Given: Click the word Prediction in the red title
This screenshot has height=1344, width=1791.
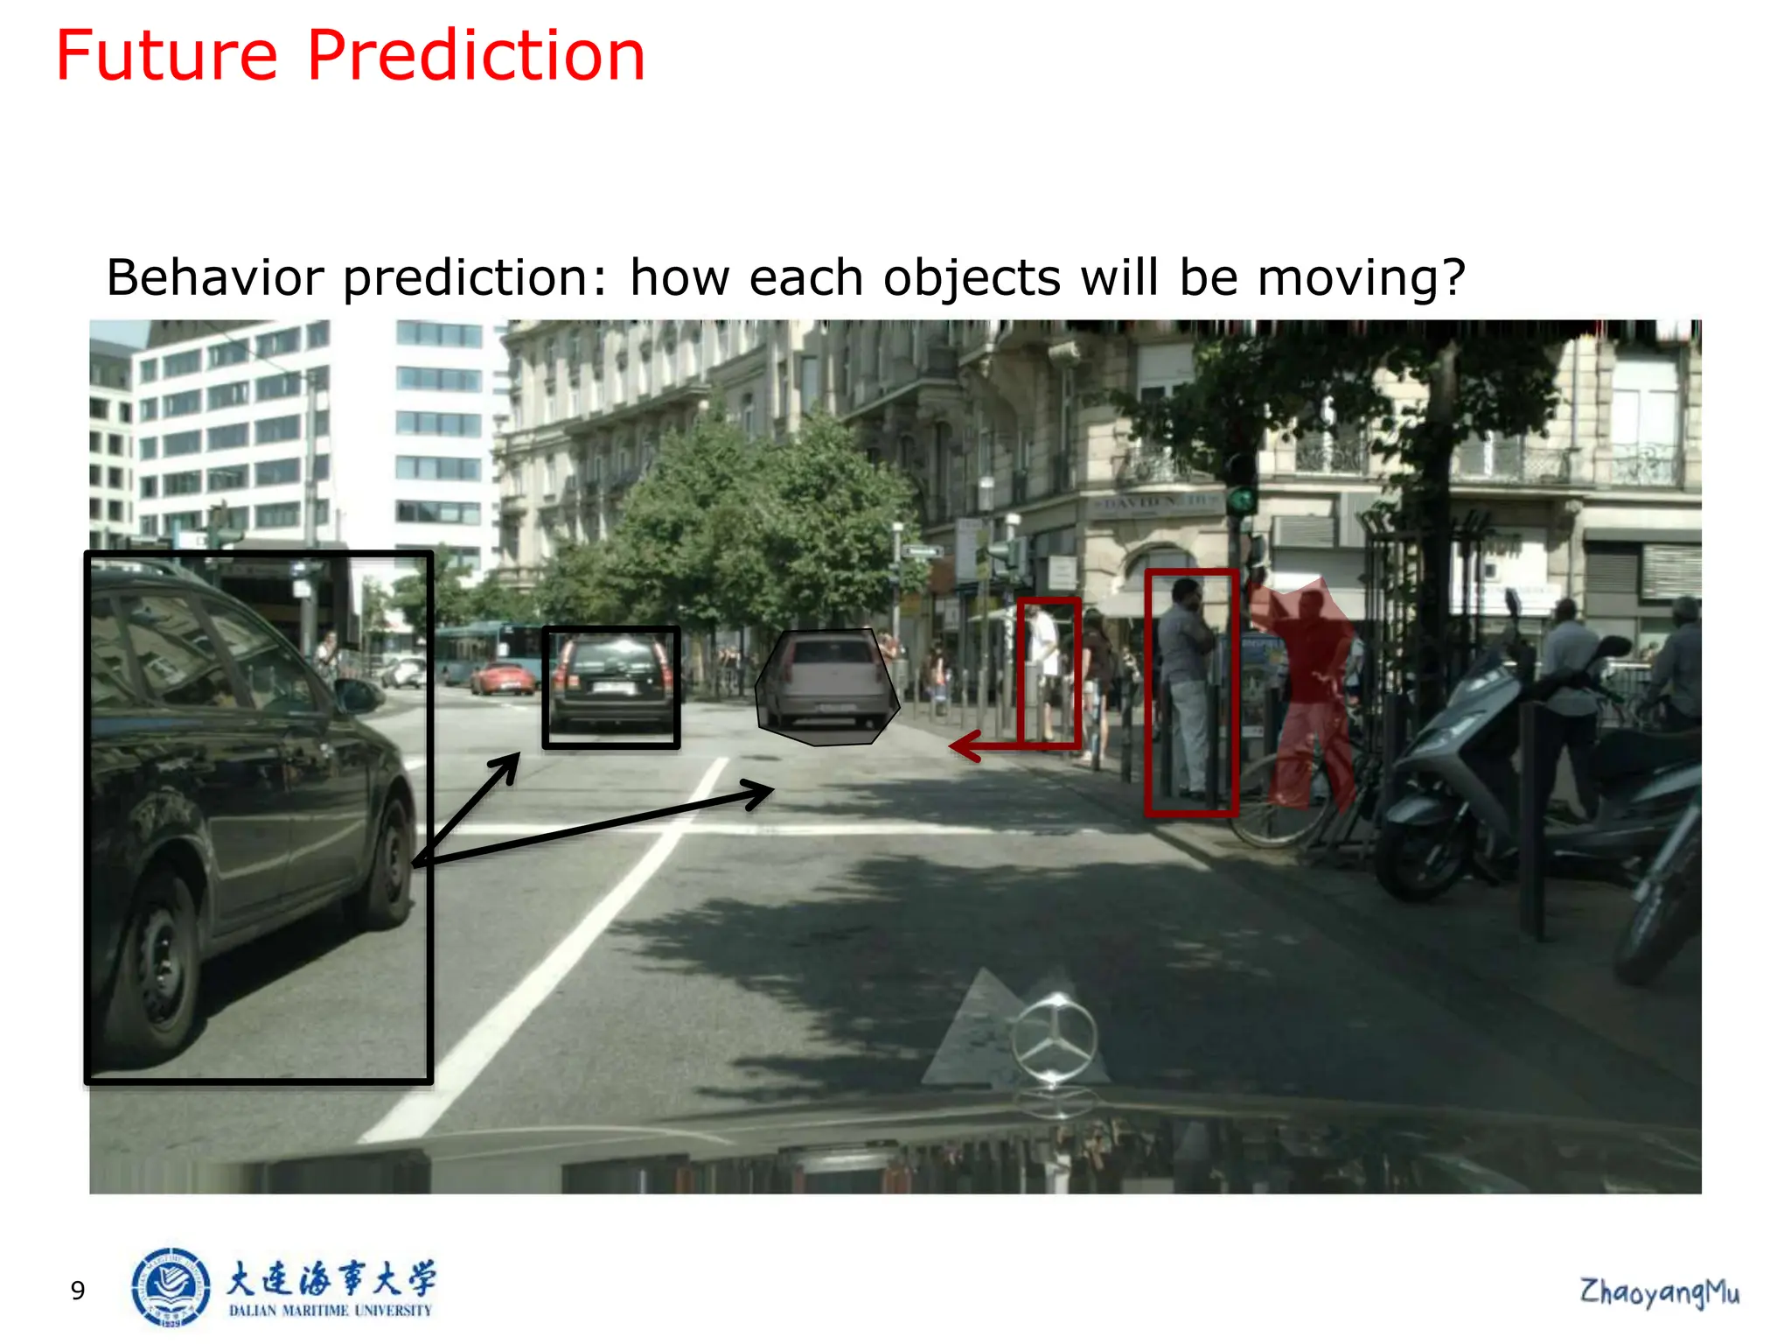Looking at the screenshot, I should (476, 56).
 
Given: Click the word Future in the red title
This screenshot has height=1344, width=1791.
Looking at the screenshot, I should (166, 56).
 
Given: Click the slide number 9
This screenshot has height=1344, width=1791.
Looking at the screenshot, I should (78, 1291).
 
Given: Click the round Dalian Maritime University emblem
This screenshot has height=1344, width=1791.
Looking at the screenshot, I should (171, 1287).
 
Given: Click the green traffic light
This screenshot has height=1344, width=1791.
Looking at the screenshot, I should (1239, 500).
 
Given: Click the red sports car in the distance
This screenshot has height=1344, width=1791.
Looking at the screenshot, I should (502, 678).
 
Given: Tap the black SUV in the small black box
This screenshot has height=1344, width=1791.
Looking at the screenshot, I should (611, 683).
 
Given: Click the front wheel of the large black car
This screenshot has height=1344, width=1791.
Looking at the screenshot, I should (159, 962).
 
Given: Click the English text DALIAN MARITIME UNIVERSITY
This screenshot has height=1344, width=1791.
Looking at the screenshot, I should (331, 1311).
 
